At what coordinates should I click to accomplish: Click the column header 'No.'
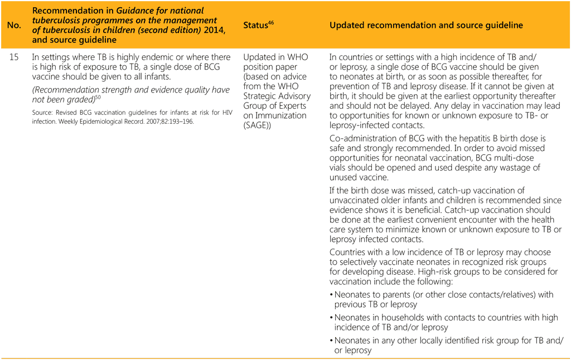coord(13,26)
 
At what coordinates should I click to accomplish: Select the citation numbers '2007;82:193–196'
coord(166,121)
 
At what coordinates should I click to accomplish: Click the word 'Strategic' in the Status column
coord(261,96)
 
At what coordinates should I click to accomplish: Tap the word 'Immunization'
coord(280,116)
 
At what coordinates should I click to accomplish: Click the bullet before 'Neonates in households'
coord(331,318)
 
